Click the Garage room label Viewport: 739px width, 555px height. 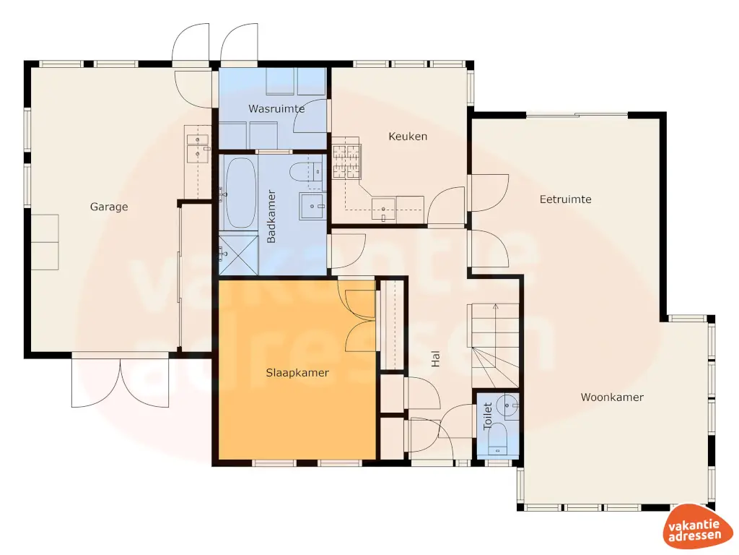point(109,207)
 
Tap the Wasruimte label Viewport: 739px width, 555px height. point(276,109)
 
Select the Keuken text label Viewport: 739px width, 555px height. point(408,136)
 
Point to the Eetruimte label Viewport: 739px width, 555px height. point(566,199)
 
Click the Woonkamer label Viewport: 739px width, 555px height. point(612,397)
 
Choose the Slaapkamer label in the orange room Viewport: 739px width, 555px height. point(297,373)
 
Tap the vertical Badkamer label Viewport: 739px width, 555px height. point(272,217)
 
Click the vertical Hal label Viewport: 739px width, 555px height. point(435,359)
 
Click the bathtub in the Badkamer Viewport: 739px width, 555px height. point(240,193)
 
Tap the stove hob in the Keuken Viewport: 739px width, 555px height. point(346,160)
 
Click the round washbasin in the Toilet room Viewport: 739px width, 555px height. point(511,406)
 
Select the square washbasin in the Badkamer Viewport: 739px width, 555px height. point(314,207)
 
